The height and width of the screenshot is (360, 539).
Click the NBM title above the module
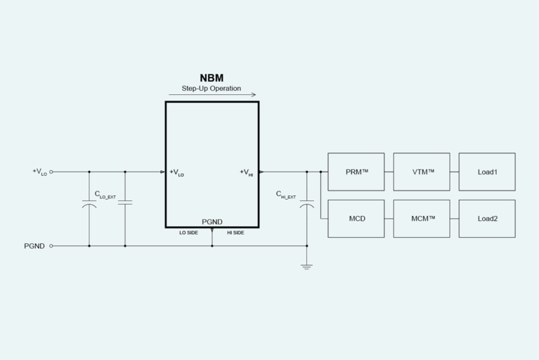[212, 78]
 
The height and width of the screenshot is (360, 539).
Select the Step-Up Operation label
[212, 89]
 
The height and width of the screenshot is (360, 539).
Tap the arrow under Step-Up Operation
[212, 95]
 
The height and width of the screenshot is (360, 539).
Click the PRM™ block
[356, 172]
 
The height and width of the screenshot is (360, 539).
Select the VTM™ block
[422, 172]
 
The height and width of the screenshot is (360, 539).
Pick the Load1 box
[487, 172]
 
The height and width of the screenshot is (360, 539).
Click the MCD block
[356, 219]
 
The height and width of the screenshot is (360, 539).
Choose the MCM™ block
[422, 219]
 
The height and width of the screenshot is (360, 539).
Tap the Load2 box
[487, 219]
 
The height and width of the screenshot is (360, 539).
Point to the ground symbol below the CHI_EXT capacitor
[306, 266]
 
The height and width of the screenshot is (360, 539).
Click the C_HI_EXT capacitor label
[285, 195]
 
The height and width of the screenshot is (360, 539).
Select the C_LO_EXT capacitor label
[105, 195]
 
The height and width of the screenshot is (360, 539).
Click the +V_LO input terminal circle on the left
[51, 172]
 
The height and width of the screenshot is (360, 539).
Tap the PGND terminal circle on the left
[51, 246]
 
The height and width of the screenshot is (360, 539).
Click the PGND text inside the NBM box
[212, 222]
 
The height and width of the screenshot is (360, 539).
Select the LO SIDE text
[189, 233]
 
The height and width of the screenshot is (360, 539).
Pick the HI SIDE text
[235, 233]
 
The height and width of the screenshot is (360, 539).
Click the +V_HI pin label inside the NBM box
[246, 172]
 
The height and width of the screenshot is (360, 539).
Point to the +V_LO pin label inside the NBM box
[177, 172]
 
